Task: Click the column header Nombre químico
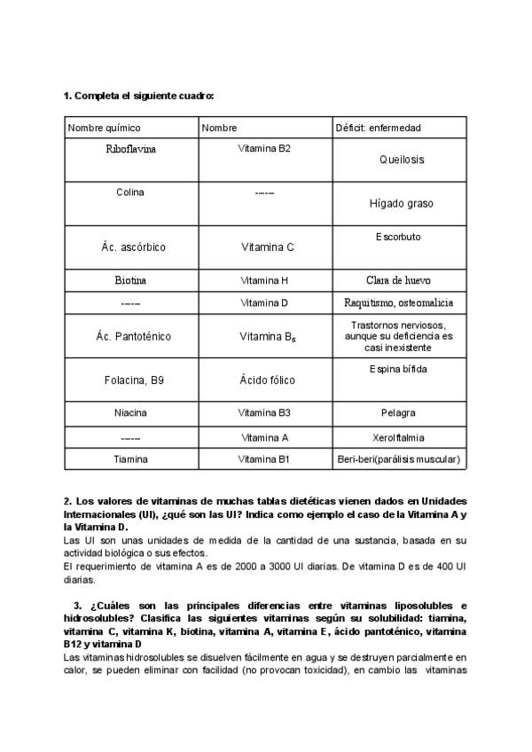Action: tap(104, 128)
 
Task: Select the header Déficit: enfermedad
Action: tap(378, 128)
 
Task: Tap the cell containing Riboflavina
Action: tap(130, 150)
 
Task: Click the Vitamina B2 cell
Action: tap(264, 149)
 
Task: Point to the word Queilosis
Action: tap(401, 161)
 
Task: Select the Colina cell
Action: tap(130, 192)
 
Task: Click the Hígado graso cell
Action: tap(401, 203)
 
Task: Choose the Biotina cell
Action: tap(130, 280)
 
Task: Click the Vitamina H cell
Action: tap(264, 280)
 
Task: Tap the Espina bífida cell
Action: tap(401, 368)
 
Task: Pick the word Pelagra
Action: tap(401, 413)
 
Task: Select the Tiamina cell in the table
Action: tap(130, 459)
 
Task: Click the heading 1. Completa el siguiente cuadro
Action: tap(139, 95)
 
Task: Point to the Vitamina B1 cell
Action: tap(264, 459)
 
